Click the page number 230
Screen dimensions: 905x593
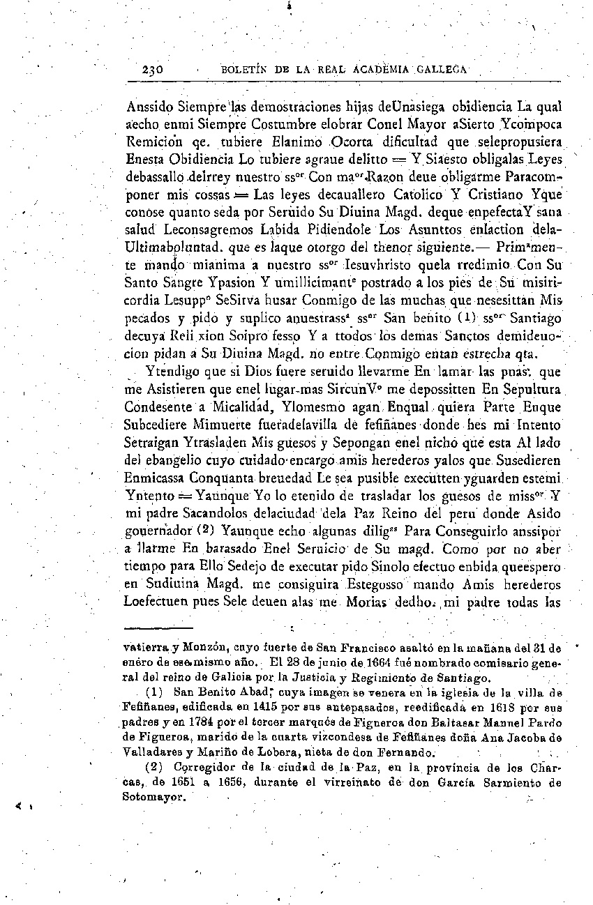(152, 70)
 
